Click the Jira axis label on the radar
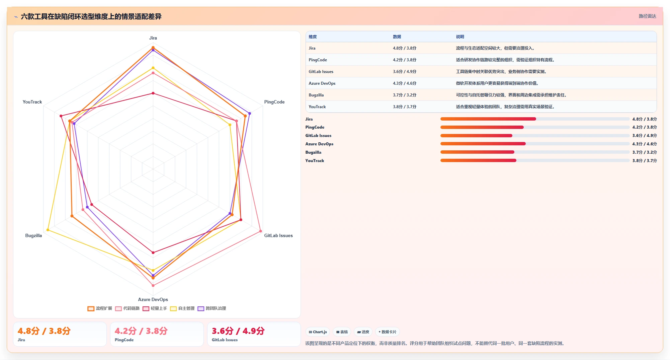click(x=153, y=38)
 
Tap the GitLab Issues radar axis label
click(x=278, y=235)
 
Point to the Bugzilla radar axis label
click(x=33, y=235)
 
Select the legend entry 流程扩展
click(x=100, y=308)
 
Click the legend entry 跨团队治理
click(x=212, y=308)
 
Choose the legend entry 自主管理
click(x=182, y=308)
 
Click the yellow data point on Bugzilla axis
click(x=48, y=230)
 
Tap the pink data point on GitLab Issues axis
click(x=260, y=231)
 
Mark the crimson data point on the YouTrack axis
click(x=61, y=116)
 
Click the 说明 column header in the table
click(x=460, y=37)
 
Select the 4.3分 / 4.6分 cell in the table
click(x=405, y=83)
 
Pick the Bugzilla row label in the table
click(x=316, y=95)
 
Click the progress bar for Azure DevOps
click(x=535, y=144)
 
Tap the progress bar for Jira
click(x=535, y=119)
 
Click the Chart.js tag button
click(x=318, y=332)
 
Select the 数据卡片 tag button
click(x=387, y=332)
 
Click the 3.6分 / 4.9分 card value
click(x=238, y=331)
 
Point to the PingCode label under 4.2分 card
click(x=124, y=340)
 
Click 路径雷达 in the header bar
click(x=647, y=16)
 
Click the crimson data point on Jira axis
click(x=153, y=93)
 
